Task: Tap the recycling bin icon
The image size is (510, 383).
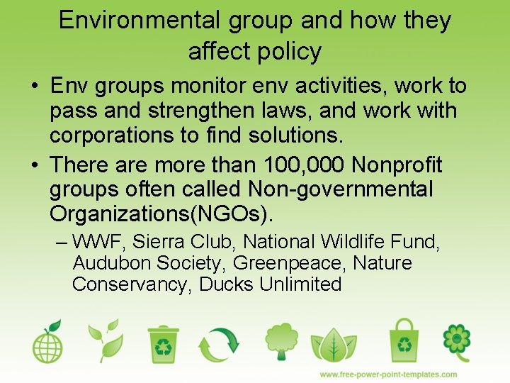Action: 164,343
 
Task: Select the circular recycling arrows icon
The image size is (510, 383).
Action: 220,343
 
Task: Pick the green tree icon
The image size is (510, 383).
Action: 280,342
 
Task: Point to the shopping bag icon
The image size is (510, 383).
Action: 404,341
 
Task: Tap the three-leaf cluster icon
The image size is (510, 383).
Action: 334,345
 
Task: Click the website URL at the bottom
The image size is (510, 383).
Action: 388,374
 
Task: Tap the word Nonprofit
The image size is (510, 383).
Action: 397,165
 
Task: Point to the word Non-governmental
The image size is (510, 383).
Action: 340,189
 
